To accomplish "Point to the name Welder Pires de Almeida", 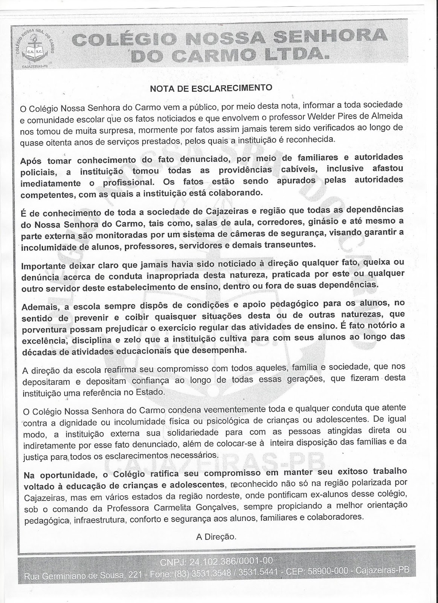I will click(x=361, y=116).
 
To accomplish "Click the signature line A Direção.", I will click(x=216, y=536).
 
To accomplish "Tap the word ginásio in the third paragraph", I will click(x=321, y=220).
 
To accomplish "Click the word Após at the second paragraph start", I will click(x=31, y=161).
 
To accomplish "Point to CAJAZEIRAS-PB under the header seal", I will click(x=34, y=65).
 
